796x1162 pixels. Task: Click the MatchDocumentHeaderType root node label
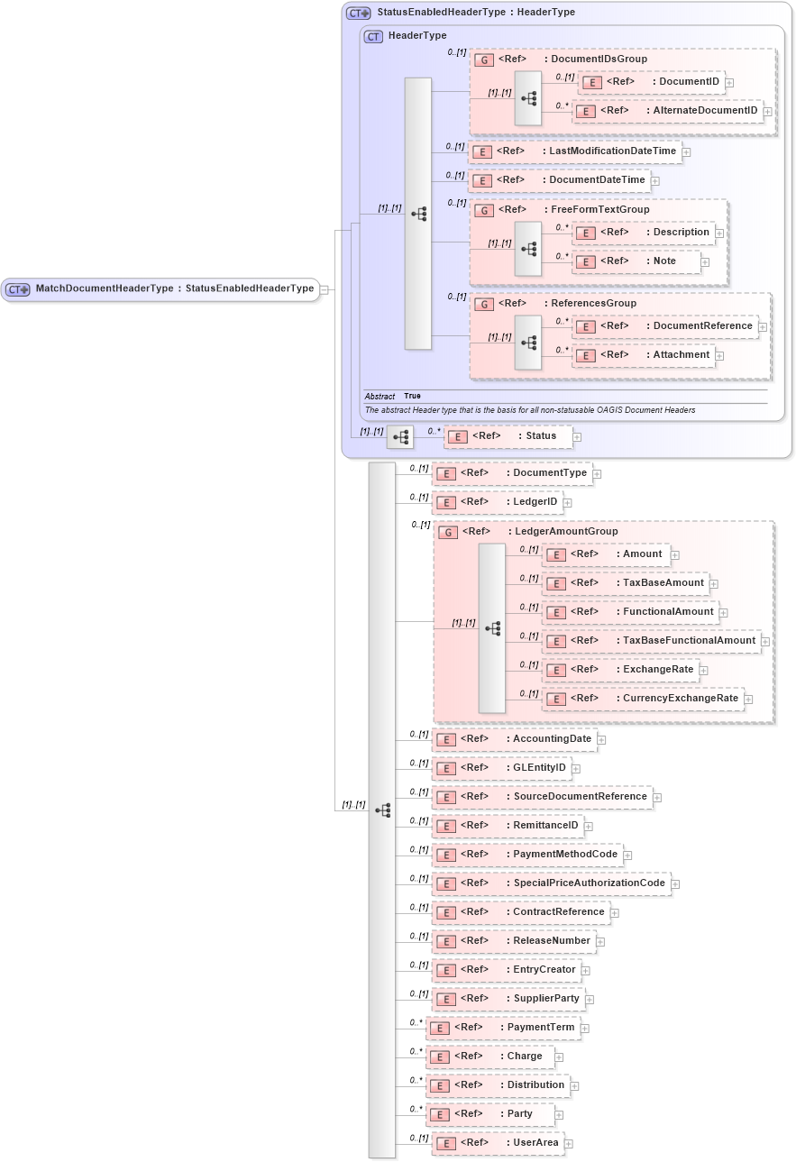tap(174, 289)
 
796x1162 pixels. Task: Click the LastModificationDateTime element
tap(575, 151)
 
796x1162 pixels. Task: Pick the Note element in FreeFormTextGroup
tap(637, 261)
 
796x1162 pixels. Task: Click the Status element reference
tap(508, 436)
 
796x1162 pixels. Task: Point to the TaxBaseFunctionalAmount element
tap(651, 641)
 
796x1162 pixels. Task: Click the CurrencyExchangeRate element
tap(643, 699)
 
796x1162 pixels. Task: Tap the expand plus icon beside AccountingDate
tap(601, 740)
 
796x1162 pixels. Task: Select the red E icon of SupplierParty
tap(445, 1000)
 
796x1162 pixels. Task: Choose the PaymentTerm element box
tap(502, 1028)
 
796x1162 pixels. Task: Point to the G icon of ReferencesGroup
tap(484, 305)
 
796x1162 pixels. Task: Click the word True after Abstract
tap(412, 397)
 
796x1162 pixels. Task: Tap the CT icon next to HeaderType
tap(374, 36)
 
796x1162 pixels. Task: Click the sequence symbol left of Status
tap(399, 437)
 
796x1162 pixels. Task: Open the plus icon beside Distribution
tap(574, 1086)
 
